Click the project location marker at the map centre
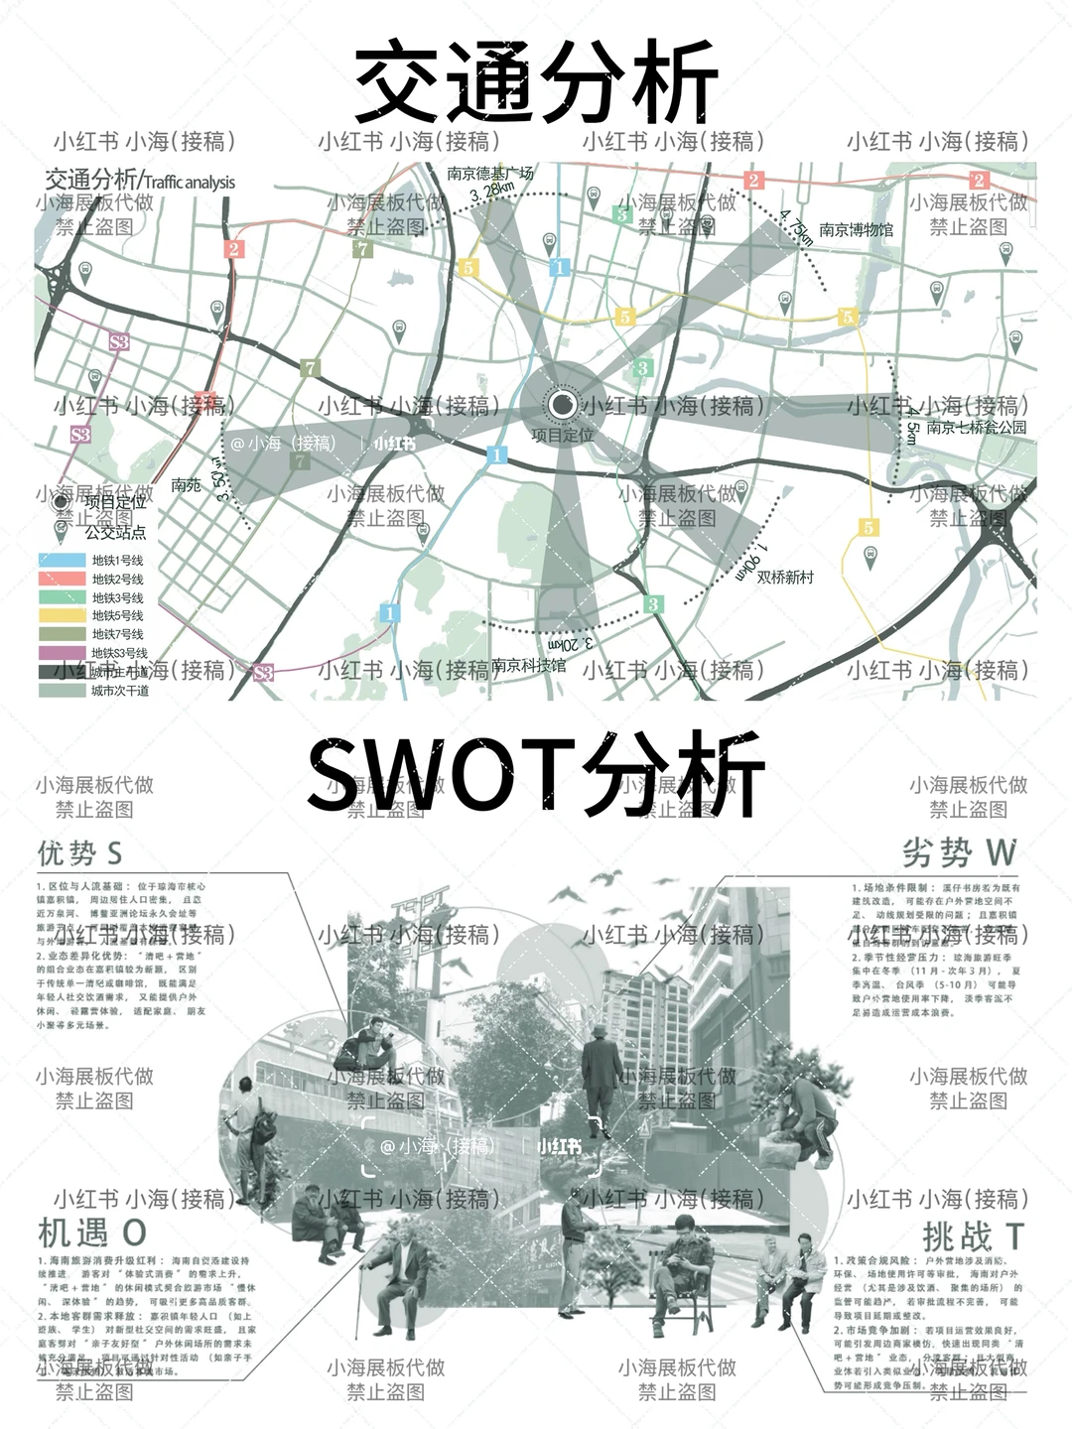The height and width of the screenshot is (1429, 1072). [x=563, y=405]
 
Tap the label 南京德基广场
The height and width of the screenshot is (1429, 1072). [x=490, y=173]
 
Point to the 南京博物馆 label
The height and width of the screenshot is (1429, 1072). [x=856, y=230]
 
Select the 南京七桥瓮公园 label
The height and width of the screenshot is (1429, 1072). [x=976, y=428]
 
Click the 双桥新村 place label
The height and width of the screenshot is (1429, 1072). [x=785, y=577]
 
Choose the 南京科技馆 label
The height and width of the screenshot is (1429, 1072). [x=529, y=665]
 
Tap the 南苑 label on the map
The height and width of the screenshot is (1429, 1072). [x=186, y=485]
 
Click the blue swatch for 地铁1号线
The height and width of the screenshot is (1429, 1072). [x=62, y=561]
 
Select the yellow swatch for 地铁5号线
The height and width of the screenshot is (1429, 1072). [x=62, y=615]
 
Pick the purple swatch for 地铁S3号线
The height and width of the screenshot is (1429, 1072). [x=62, y=652]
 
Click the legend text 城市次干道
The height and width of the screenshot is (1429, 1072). [x=120, y=690]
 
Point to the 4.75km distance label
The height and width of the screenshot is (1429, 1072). [x=797, y=226]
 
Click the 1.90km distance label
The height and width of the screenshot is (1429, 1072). [x=750, y=563]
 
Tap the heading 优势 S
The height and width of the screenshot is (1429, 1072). [x=79, y=852]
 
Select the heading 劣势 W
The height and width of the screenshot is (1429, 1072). [x=960, y=852]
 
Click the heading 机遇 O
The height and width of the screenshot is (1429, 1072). [x=91, y=1233]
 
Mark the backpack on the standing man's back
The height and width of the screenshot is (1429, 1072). [x=265, y=1124]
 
